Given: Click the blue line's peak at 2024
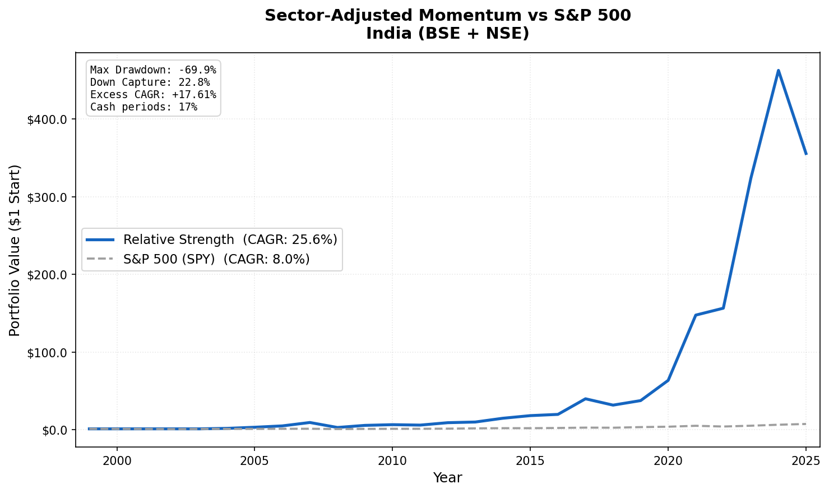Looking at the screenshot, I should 778,71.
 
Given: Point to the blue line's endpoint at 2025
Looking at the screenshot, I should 805,154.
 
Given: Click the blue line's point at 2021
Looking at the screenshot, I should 696,315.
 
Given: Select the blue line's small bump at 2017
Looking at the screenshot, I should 585,399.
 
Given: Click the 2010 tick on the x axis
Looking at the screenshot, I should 392,461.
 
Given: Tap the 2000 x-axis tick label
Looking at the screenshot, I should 117,461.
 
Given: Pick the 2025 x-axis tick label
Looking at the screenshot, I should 805,461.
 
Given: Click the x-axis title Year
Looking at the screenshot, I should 447,478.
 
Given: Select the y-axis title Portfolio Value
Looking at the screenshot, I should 15,250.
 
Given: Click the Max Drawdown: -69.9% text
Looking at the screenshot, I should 153,70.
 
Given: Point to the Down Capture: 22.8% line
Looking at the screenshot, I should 150,82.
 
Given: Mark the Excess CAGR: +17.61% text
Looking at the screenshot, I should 153,95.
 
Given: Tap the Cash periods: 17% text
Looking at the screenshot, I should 143,107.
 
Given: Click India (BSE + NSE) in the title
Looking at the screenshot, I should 447,34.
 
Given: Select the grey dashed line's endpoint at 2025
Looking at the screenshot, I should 805,424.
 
